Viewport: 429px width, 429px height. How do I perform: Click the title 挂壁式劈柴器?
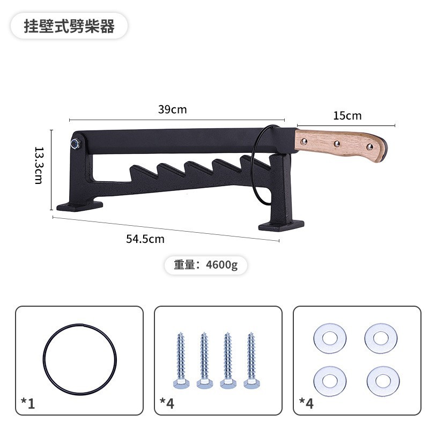[x=69, y=26]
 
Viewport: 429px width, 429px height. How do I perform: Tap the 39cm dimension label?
[x=172, y=109]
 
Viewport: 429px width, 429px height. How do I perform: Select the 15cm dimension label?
[x=347, y=115]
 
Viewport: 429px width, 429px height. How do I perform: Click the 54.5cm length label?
[x=145, y=239]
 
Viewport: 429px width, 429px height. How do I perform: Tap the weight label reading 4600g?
[x=205, y=264]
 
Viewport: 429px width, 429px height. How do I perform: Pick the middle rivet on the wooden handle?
[x=337, y=143]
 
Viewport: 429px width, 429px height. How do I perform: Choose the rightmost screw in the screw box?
[x=250, y=360]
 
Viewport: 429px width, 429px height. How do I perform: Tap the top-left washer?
[x=329, y=338]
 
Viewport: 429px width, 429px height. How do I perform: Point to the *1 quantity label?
[x=28, y=403]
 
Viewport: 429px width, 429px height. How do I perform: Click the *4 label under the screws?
[x=167, y=403]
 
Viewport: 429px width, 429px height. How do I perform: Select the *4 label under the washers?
[x=306, y=403]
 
